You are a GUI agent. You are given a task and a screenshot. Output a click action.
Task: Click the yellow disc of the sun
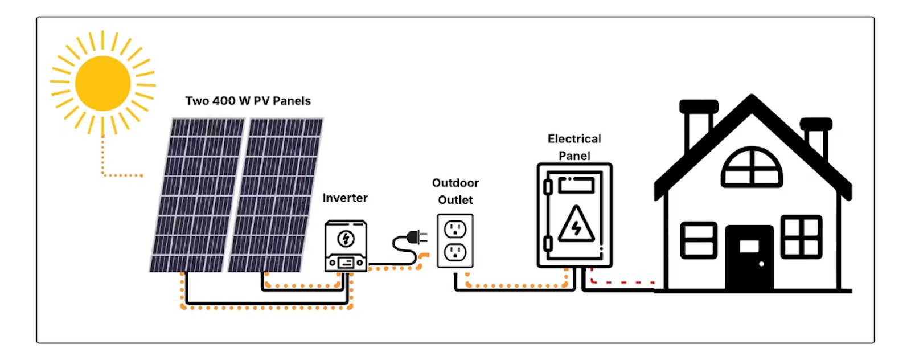pyautogui.click(x=103, y=83)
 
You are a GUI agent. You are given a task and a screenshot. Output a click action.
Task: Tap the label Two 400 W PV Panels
pyautogui.click(x=248, y=101)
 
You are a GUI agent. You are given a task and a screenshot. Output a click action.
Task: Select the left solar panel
pyautogui.click(x=197, y=195)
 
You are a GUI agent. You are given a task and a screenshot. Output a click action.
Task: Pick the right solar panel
pyautogui.click(x=276, y=195)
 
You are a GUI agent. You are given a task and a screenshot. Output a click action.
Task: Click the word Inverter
pyautogui.click(x=344, y=198)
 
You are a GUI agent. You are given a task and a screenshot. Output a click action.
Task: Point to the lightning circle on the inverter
pyautogui.click(x=346, y=239)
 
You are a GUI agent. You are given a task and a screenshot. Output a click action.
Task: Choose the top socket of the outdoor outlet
pyautogui.click(x=455, y=230)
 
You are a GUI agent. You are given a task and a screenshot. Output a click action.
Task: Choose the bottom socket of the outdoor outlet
pyautogui.click(x=455, y=252)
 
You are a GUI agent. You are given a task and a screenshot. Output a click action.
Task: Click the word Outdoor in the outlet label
pyautogui.click(x=455, y=183)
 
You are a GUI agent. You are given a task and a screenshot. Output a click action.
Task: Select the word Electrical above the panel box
pyautogui.click(x=574, y=139)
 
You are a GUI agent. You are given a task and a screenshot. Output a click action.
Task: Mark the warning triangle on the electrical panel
pyautogui.click(x=576, y=225)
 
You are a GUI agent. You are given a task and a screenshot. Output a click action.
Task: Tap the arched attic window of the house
pyautogui.click(x=752, y=167)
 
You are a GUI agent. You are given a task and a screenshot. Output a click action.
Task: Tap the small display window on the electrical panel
pyautogui.click(x=576, y=185)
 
